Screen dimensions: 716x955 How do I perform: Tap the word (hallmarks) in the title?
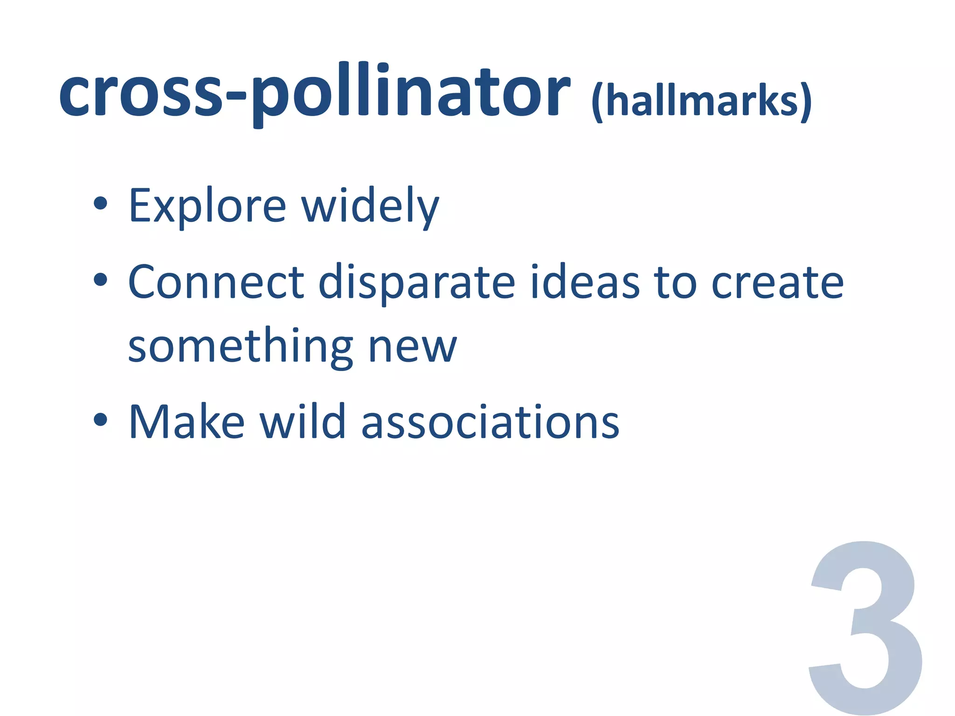pos(701,102)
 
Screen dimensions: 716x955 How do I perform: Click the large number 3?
pos(865,627)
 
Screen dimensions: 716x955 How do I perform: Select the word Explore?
pos(207,206)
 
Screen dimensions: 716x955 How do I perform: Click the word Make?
pos(187,422)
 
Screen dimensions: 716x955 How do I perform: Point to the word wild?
pos(303,422)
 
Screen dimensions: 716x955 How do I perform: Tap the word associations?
pos(490,422)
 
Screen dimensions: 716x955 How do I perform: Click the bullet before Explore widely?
pos(100,203)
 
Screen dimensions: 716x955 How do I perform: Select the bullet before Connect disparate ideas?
pos(100,280)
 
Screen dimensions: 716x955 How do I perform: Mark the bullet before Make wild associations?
pos(100,419)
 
